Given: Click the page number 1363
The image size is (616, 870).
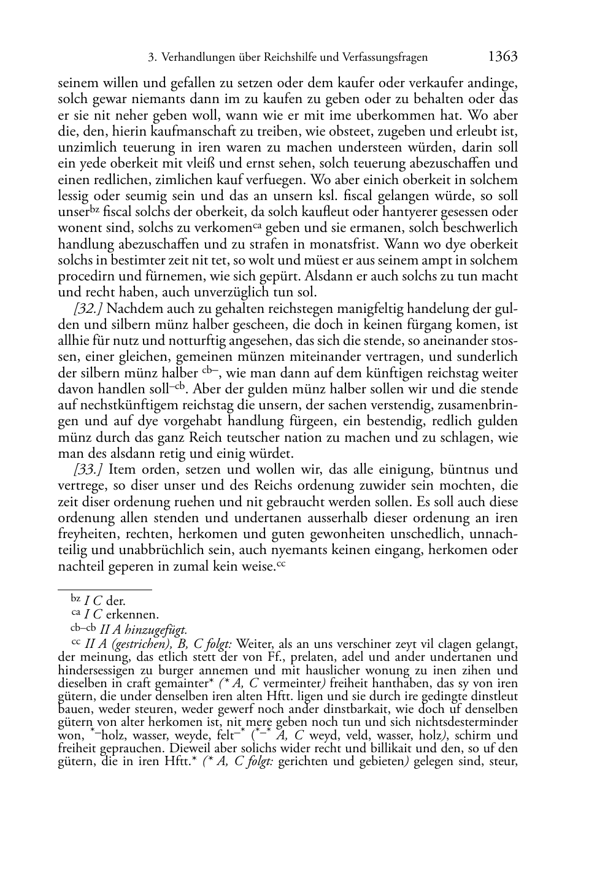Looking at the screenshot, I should [x=502, y=57].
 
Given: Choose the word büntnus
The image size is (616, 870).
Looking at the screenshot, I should [x=464, y=470].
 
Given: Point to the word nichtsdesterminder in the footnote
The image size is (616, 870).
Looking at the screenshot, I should [x=466, y=723].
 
